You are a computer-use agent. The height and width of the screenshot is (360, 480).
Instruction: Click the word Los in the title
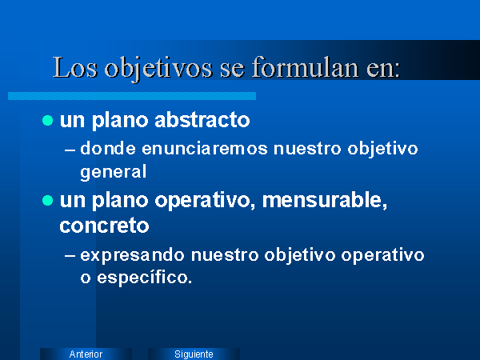click(75, 67)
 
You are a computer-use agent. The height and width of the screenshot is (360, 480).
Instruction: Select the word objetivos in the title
click(158, 69)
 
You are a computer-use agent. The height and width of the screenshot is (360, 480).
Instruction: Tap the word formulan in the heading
click(306, 67)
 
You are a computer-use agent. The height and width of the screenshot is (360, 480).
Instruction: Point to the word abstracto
click(202, 119)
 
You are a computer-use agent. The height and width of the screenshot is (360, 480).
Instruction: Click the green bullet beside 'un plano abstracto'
click(48, 120)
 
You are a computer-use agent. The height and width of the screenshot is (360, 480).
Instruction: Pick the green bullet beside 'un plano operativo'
click(48, 201)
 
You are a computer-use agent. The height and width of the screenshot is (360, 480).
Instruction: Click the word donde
click(108, 149)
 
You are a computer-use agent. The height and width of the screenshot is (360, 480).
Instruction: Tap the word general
click(114, 172)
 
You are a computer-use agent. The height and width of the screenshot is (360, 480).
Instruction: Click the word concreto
click(104, 226)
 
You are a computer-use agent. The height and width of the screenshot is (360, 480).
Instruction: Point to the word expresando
click(132, 256)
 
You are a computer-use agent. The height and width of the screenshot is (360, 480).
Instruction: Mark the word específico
click(145, 278)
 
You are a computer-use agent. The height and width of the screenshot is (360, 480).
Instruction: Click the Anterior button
click(86, 354)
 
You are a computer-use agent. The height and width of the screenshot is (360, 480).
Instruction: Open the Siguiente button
click(194, 354)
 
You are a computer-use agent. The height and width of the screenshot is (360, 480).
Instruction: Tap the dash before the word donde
click(70, 150)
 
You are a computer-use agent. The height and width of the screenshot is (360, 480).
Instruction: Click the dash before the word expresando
click(70, 257)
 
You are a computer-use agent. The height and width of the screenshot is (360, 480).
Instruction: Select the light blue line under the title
click(132, 96)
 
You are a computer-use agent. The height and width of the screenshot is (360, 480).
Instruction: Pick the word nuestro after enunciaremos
click(307, 149)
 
